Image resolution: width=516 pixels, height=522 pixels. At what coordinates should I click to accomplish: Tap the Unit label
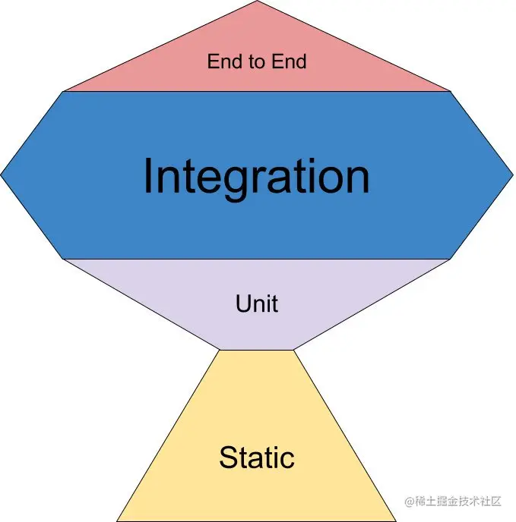pyautogui.click(x=257, y=304)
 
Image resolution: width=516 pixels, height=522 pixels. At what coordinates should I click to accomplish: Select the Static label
pyautogui.click(x=257, y=458)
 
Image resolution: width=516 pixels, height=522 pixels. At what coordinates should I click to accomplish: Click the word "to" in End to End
pyautogui.click(x=257, y=61)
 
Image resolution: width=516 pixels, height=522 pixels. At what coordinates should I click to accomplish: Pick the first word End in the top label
pyautogui.click(x=224, y=61)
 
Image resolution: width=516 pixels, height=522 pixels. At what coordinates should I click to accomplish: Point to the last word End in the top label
pyautogui.click(x=290, y=61)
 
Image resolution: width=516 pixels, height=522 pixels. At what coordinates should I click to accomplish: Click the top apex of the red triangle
pyautogui.click(x=257, y=2)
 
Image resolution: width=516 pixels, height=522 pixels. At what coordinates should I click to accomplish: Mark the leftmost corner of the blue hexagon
pyautogui.click(x=2, y=175)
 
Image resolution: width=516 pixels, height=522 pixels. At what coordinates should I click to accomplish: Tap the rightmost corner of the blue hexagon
pyautogui.click(x=513, y=175)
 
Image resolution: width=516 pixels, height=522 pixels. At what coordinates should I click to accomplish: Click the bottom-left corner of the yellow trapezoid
pyautogui.click(x=118, y=520)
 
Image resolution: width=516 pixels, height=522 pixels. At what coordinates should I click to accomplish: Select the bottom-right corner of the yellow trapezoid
pyautogui.click(x=396, y=520)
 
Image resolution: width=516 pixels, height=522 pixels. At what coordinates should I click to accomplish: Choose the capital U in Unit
pyautogui.click(x=243, y=304)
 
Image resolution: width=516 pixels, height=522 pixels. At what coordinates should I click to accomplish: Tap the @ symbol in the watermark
pyautogui.click(x=408, y=502)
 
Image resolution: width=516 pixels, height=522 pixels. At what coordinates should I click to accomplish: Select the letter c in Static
pyautogui.click(x=288, y=459)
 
